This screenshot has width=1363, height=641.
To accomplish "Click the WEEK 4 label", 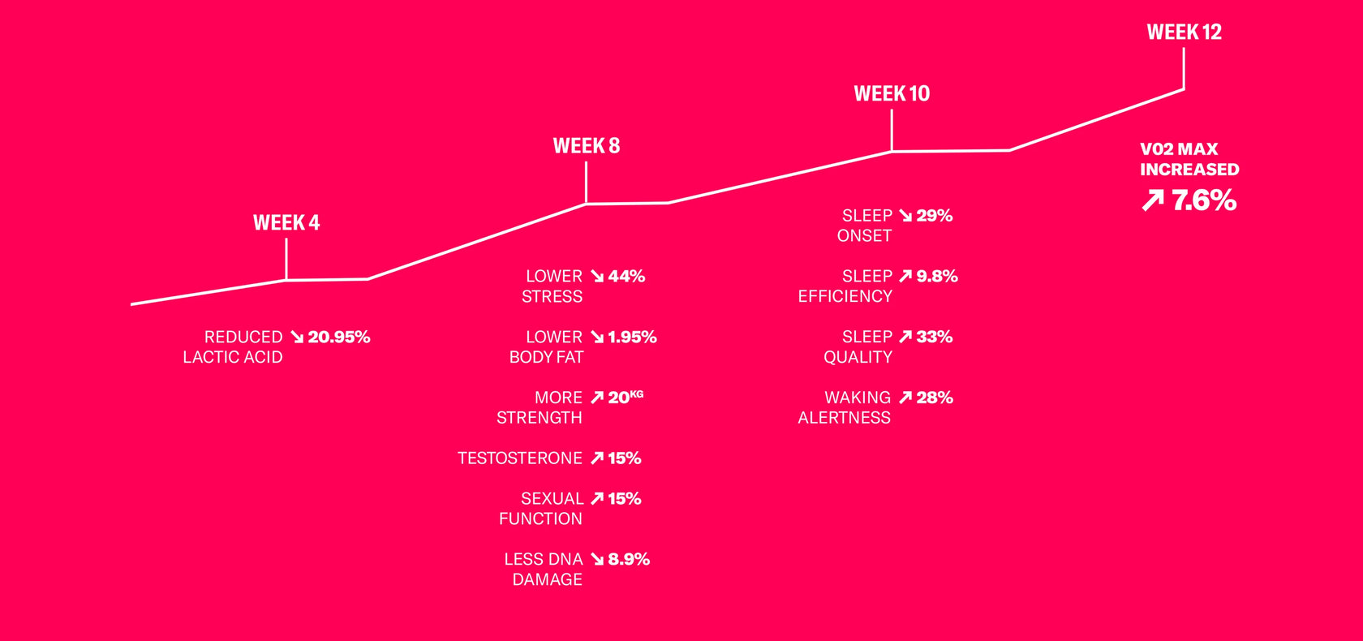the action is [x=286, y=223].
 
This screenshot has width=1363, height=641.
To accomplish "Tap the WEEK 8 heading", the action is [x=587, y=146].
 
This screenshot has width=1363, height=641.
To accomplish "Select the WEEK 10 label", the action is [x=892, y=94].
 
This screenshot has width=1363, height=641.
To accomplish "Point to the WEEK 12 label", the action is [x=1185, y=32].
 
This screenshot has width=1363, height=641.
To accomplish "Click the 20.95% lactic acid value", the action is [x=339, y=338].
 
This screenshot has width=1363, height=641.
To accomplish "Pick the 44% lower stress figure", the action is [x=626, y=277].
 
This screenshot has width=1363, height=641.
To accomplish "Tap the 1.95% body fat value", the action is [x=632, y=338].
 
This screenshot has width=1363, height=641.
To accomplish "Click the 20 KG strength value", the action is [x=626, y=397].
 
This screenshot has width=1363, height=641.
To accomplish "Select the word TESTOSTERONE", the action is [x=519, y=458].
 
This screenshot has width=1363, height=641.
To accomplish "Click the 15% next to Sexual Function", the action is [x=625, y=499].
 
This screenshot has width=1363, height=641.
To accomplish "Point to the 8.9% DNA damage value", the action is [x=629, y=559].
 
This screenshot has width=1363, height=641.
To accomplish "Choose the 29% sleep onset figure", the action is [x=934, y=216].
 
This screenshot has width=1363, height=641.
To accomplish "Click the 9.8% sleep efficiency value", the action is [x=937, y=277].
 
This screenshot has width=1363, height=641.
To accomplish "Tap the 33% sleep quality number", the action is [x=934, y=337].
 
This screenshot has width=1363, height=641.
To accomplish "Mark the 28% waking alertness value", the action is [x=935, y=398].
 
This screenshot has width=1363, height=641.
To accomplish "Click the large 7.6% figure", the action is [x=1204, y=200].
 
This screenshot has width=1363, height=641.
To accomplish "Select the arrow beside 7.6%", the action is [x=1152, y=200].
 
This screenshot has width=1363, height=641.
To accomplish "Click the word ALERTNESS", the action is [x=844, y=418].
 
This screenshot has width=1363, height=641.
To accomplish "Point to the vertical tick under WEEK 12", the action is [x=1184, y=69].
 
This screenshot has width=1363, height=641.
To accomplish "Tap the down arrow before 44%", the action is [x=597, y=277].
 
